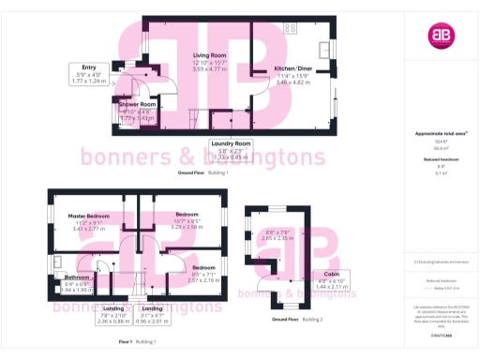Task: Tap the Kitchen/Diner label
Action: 293,69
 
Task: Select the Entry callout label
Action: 89,67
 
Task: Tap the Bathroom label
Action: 77,277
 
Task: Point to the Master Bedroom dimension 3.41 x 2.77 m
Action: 90,228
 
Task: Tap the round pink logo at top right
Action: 439,37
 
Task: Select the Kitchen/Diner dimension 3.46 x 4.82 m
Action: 293,82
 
